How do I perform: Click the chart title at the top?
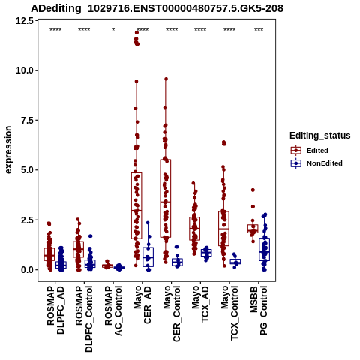click(x=157, y=8)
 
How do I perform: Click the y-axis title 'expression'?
click(x=8, y=150)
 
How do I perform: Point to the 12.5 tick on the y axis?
click(x=25, y=21)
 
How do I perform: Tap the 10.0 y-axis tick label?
click(x=25, y=70)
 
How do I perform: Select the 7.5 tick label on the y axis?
click(x=27, y=120)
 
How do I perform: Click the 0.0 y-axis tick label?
click(x=27, y=270)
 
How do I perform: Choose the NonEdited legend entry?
click(x=316, y=163)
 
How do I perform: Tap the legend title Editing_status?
click(x=320, y=136)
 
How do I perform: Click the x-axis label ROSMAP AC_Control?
click(x=113, y=310)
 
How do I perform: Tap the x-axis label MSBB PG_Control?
click(x=259, y=310)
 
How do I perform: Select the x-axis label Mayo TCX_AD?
click(x=200, y=304)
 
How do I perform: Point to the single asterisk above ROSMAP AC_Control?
click(x=113, y=30)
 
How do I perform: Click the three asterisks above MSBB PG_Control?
click(x=259, y=30)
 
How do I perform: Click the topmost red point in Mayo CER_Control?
click(x=166, y=79)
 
